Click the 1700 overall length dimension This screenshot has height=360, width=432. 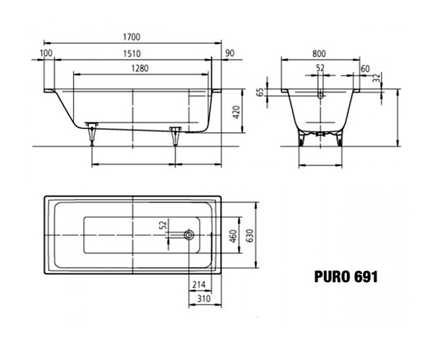click(132, 37)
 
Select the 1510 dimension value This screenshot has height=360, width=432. click(132, 54)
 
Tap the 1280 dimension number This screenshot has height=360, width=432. click(140, 68)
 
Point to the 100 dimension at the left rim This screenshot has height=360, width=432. click(46, 53)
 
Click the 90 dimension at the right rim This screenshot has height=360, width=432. click(230, 53)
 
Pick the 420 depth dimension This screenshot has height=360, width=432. click(237, 112)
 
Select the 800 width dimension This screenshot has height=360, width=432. click(319, 54)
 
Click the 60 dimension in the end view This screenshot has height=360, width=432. click(365, 69)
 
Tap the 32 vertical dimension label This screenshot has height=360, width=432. click(376, 77)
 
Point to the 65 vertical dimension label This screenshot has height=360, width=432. click(260, 92)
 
